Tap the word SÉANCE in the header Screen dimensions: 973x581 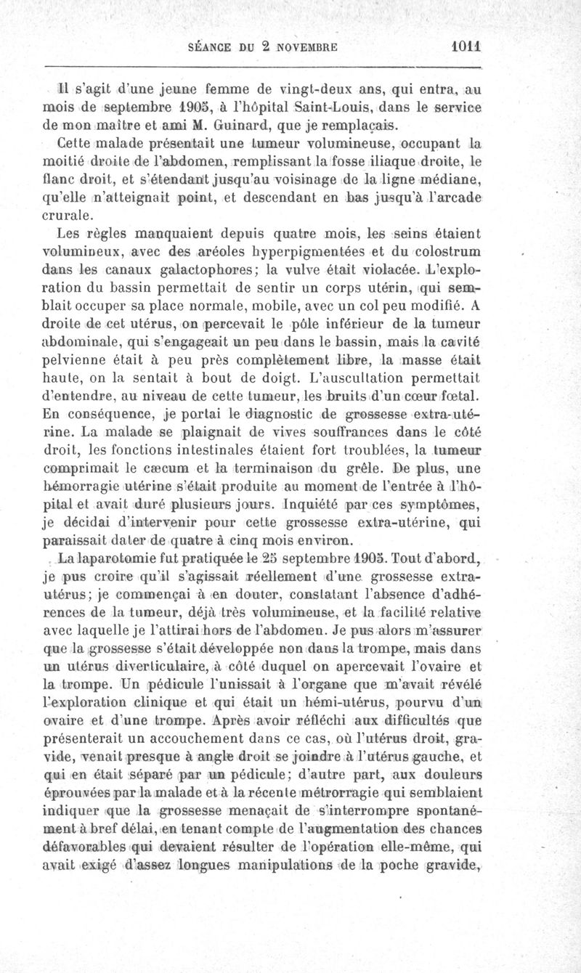tap(209, 45)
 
